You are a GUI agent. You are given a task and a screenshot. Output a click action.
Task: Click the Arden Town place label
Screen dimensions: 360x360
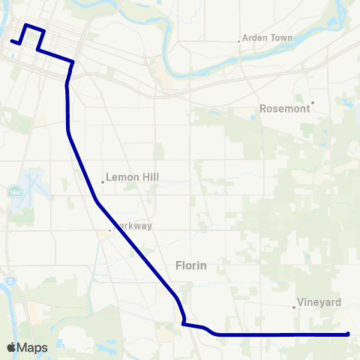coord(268,38)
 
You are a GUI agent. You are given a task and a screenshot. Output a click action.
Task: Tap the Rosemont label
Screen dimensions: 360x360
coord(284,109)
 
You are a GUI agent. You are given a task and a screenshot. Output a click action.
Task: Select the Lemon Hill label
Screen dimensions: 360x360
coord(133,178)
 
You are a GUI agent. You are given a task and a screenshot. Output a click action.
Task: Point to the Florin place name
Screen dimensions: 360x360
coord(190,265)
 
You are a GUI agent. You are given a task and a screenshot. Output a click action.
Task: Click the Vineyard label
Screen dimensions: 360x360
coord(319,303)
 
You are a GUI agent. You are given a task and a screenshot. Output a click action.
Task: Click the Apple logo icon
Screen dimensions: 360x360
coord(11,348)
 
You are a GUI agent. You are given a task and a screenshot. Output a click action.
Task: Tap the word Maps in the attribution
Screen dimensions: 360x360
coord(32,348)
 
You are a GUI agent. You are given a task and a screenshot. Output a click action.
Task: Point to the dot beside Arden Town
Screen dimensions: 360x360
coord(239,41)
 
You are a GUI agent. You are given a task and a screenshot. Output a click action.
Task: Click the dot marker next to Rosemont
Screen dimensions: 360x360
coord(313,103)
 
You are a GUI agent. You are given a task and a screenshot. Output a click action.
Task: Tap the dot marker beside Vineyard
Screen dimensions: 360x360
coord(294,306)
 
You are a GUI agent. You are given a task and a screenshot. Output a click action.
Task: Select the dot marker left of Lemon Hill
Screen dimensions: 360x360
coord(103,181)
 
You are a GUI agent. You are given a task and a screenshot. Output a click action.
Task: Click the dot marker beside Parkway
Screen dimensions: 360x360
coord(110,230)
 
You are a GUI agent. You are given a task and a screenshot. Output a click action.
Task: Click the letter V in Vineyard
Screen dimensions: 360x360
coord(301,303)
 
